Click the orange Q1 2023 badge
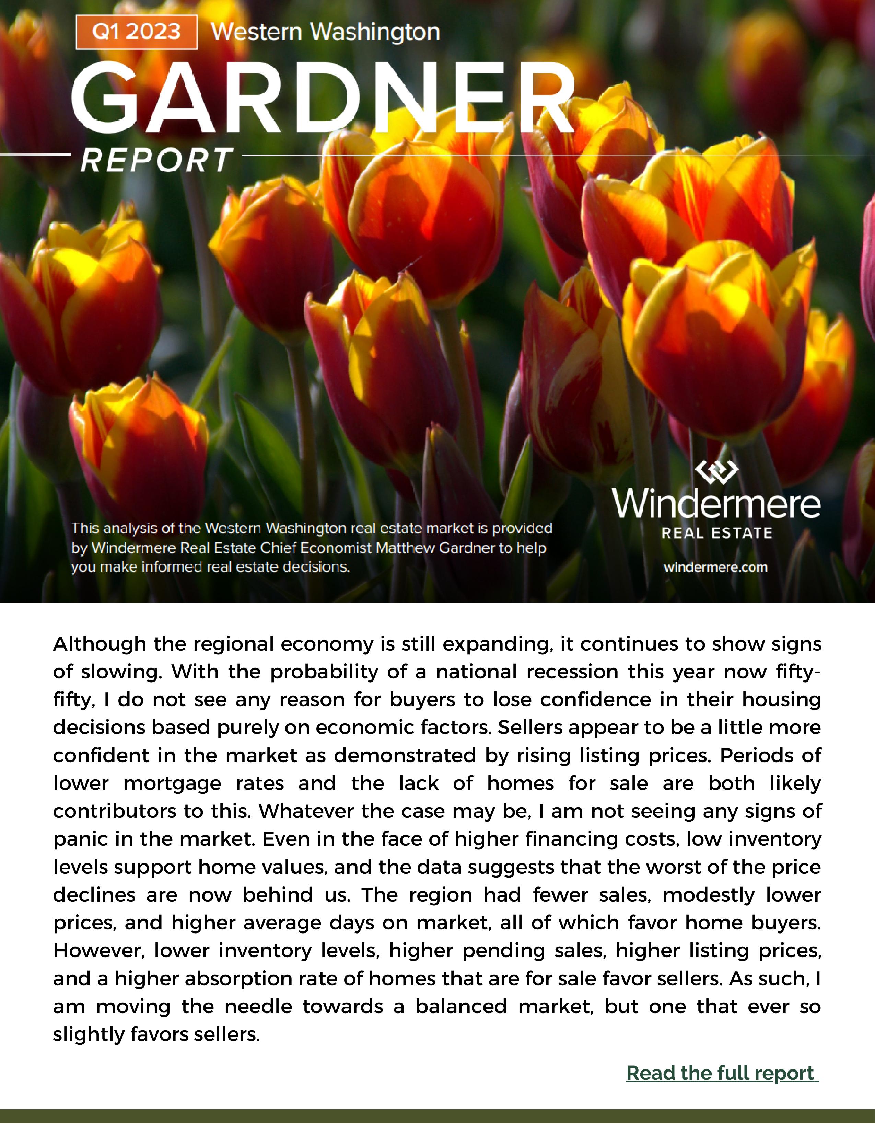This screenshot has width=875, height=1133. coord(136,32)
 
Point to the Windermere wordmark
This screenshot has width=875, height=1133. coord(716,504)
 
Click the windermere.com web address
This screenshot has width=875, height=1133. coord(715,567)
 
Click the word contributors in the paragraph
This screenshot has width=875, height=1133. coord(113,811)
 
